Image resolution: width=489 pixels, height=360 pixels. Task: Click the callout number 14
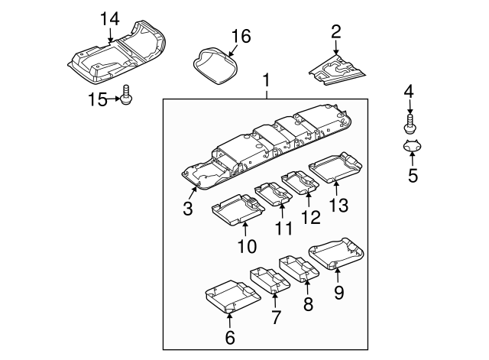(x=110, y=18)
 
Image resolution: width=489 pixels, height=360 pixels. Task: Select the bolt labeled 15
(x=126, y=97)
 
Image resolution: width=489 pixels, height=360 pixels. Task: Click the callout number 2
(x=335, y=31)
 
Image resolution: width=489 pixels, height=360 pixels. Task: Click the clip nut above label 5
(x=411, y=146)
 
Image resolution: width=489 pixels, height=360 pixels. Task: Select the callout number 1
(x=267, y=80)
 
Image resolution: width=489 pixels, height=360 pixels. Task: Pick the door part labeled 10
(x=238, y=207)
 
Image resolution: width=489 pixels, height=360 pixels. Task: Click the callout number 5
(x=412, y=176)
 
